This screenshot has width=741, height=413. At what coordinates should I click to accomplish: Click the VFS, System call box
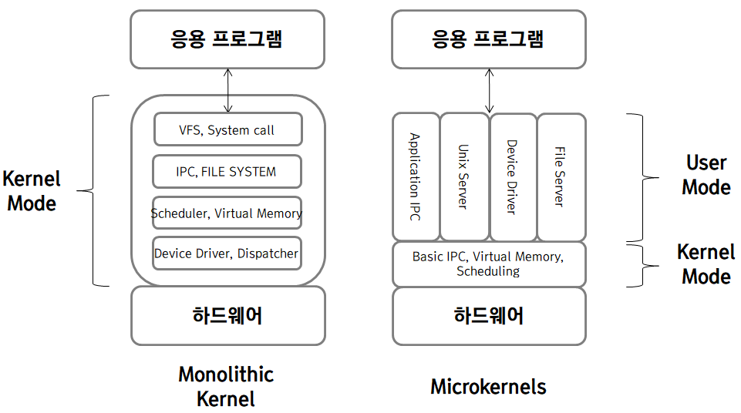227,129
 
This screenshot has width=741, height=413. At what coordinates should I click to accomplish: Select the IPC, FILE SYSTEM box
227,171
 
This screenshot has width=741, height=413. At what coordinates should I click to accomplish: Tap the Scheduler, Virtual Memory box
227,213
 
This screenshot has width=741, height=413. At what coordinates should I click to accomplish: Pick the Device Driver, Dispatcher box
227,254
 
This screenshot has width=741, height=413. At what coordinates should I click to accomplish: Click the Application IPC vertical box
416,177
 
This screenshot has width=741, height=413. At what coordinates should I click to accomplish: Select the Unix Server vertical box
464,177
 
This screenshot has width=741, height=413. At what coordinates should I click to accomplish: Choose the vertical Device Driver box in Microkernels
513,177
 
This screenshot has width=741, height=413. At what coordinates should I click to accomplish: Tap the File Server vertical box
561,177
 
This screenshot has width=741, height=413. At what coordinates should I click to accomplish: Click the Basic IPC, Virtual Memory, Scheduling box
489,264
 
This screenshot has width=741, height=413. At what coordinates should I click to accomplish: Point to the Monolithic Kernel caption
226,386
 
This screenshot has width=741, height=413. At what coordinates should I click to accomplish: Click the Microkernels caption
488,386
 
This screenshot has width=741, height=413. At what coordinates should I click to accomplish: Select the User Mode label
706,175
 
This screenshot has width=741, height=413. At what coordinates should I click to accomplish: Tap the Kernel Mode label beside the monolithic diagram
31,191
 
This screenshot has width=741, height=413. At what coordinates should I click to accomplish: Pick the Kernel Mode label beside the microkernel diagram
706,264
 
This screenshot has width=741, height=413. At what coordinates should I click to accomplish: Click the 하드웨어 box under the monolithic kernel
227,315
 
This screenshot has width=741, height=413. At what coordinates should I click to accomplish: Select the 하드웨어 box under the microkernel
489,315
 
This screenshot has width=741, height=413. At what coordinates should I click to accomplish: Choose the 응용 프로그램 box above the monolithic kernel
227,39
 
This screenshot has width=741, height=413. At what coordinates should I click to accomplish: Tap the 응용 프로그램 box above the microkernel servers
489,39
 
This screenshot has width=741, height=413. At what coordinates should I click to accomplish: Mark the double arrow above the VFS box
227,91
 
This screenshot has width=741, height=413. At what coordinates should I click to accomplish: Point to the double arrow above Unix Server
489,91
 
